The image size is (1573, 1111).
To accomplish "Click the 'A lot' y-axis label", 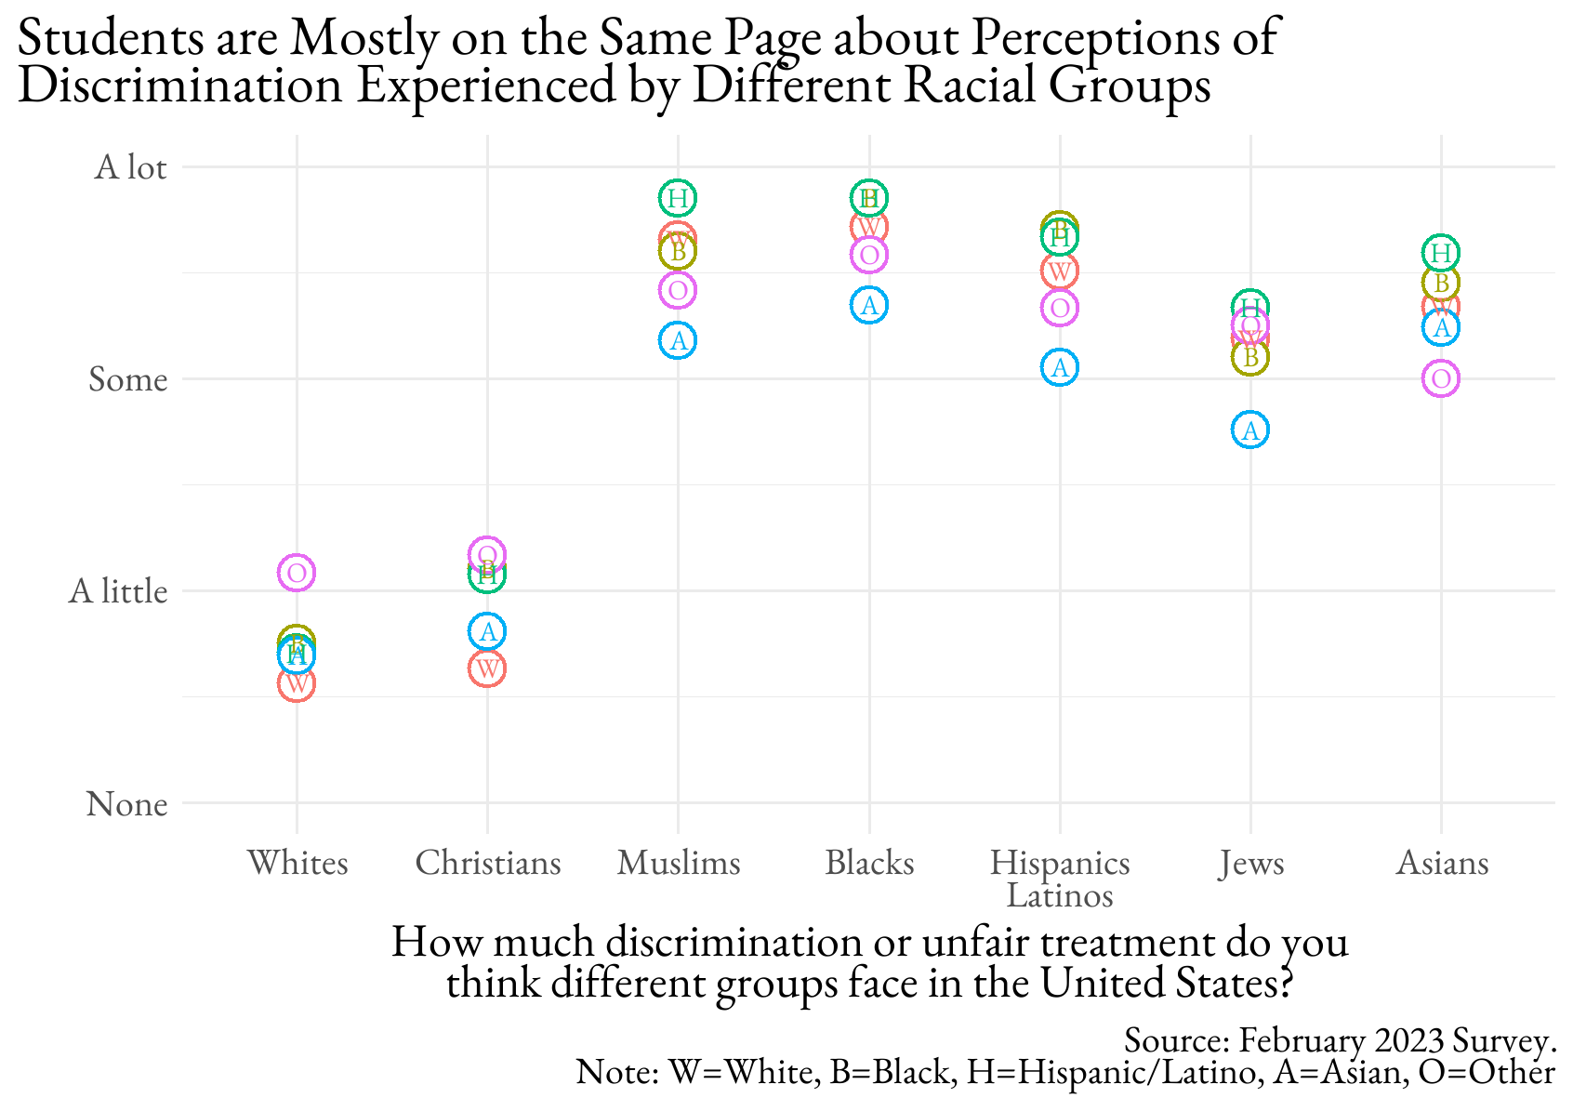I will [130, 167].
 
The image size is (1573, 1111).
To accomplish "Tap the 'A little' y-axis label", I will [118, 591].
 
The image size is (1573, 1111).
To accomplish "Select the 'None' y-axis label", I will [127, 803].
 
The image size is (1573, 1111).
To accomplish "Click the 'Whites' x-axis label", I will [297, 863].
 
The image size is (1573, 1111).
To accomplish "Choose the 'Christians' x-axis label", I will [488, 863].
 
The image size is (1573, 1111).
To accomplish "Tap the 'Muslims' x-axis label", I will [679, 863].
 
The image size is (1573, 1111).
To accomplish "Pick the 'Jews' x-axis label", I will [1251, 863].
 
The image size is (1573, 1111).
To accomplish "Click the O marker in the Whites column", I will [297, 573].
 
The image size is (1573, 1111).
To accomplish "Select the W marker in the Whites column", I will [297, 684].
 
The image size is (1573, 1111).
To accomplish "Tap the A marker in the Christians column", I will [487, 632].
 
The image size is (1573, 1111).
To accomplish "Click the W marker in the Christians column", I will [487, 668].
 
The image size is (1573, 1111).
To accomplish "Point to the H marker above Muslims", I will [678, 198].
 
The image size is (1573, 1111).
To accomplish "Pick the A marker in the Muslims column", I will [679, 340].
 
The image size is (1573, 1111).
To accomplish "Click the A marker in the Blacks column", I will [869, 305].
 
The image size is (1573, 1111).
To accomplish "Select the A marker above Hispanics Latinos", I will [1060, 368].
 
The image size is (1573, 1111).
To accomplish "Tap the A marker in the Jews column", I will [1251, 430].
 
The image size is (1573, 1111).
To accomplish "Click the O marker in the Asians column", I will [1441, 378].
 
